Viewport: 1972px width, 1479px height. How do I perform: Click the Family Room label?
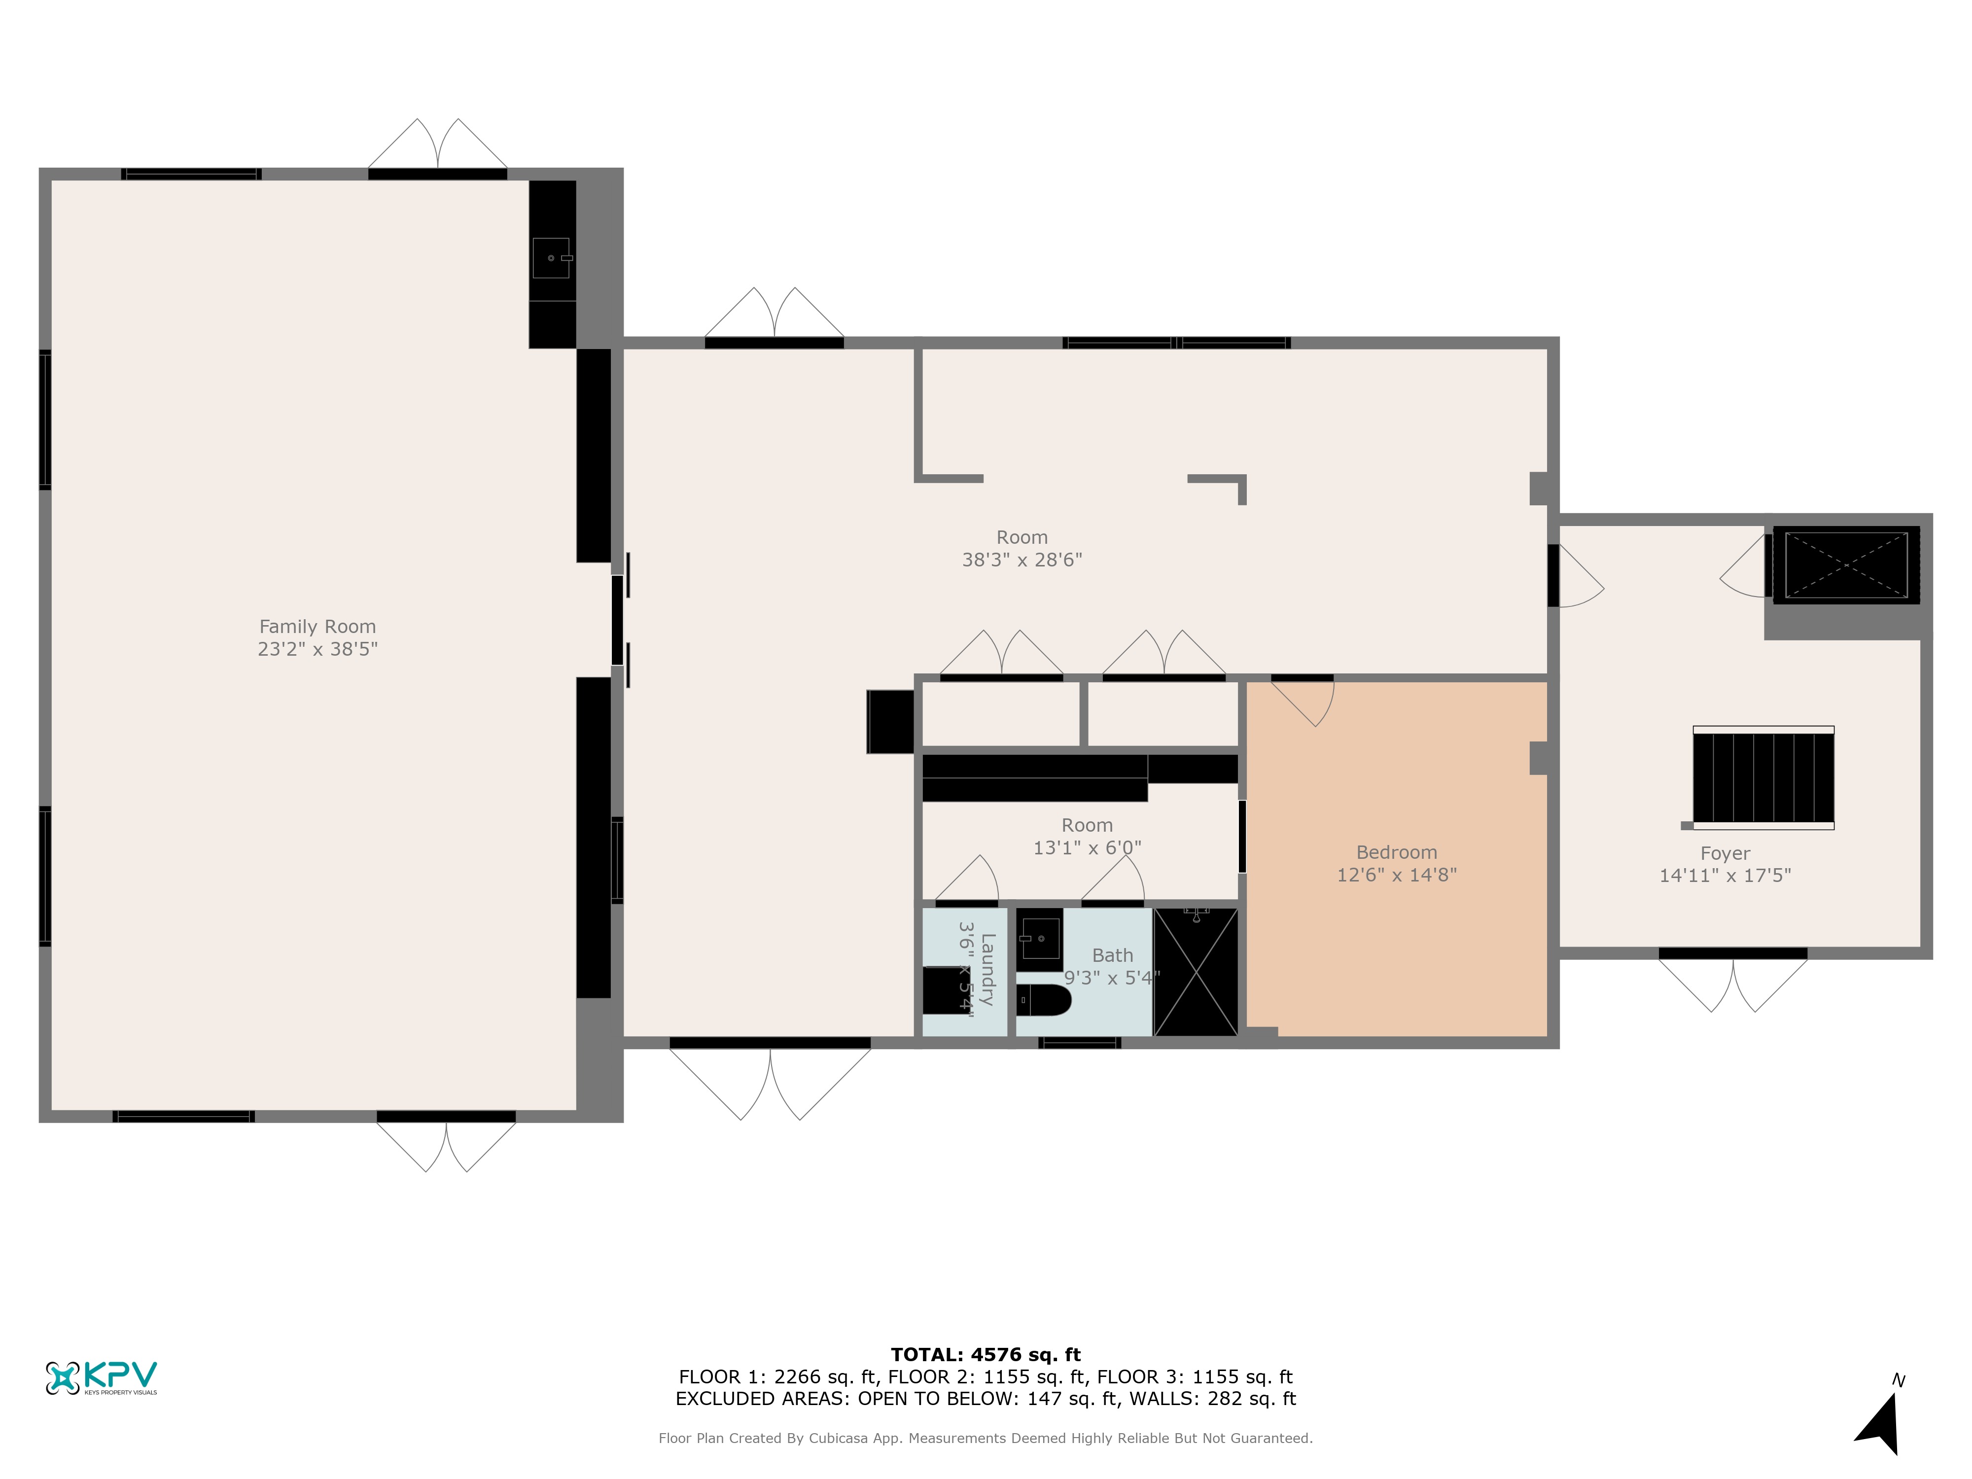317,627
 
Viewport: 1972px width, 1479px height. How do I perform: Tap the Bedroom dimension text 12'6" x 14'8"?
1396,875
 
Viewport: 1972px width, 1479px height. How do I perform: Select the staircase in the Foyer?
1762,777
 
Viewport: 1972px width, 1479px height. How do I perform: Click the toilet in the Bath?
1043,1000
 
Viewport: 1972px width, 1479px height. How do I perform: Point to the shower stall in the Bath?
1196,972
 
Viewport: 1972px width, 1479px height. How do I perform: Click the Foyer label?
1725,853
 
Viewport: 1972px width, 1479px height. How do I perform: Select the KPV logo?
102,1377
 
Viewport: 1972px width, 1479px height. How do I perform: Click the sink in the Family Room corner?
552,258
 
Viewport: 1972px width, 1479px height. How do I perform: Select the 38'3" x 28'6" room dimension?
1021,560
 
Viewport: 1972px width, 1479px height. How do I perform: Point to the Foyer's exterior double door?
1732,981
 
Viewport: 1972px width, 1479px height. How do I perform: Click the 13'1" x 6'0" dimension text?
1087,848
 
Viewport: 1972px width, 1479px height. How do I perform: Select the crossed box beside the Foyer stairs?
1845,565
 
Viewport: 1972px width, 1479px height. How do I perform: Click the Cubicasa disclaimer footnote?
985,1438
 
